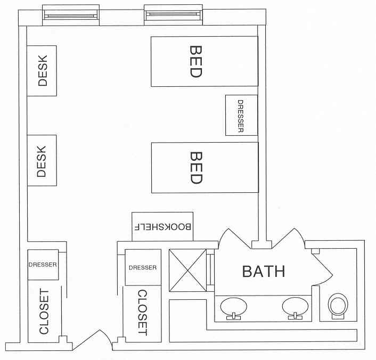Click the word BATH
pos(264,272)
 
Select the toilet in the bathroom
pos(338,306)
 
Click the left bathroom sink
pos(233,307)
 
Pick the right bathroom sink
pos(295,307)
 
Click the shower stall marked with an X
pos(187,271)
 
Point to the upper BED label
pos(196,61)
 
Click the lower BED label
pos(196,168)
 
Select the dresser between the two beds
pos(241,115)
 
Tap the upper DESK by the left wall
pos(42,71)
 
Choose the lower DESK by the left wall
pos(42,161)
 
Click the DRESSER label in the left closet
pos(43,263)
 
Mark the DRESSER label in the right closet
pos(143,267)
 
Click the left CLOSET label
pos(44,312)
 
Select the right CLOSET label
pos(142,313)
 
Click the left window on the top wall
pos(71,14)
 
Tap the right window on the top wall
pos(174,14)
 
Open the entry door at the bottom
pos(92,341)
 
